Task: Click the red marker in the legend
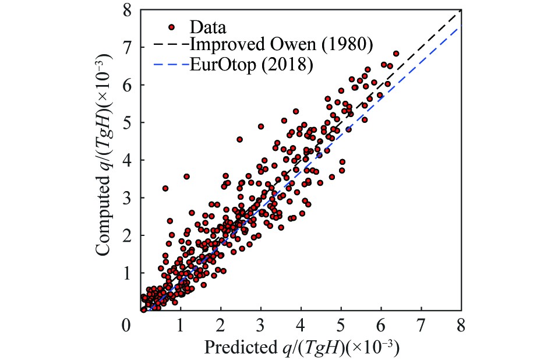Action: point(171,27)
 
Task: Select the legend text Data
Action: point(207,27)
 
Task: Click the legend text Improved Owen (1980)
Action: point(281,45)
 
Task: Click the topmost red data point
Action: point(396,54)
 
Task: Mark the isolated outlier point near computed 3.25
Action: point(165,188)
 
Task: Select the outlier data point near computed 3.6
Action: point(186,176)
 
